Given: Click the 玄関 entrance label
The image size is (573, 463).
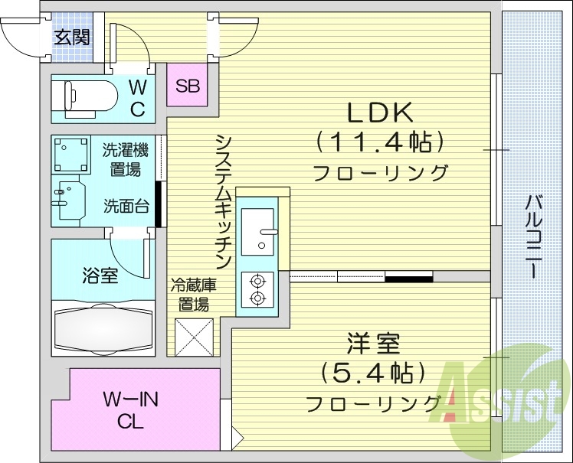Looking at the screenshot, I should pos(71,36).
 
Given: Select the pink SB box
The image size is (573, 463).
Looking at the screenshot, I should pos(188,86).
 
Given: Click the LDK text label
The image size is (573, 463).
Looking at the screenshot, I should pos(381,113).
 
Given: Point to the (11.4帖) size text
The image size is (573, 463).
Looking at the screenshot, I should pos(380,142).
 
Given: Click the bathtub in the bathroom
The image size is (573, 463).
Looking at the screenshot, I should pos(102,328).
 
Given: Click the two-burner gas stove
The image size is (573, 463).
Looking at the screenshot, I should pos(257,289).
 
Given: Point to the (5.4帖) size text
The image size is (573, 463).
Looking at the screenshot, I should pos(373,373).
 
